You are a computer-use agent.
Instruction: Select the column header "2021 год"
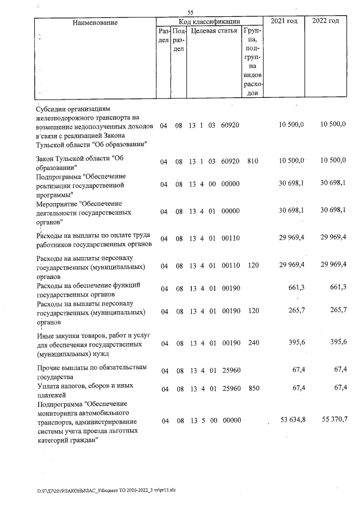(x=284, y=21)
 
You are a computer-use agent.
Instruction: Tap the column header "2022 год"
(x=326, y=21)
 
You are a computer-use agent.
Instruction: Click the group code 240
(x=252, y=343)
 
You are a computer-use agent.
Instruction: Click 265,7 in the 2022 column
(x=337, y=311)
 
